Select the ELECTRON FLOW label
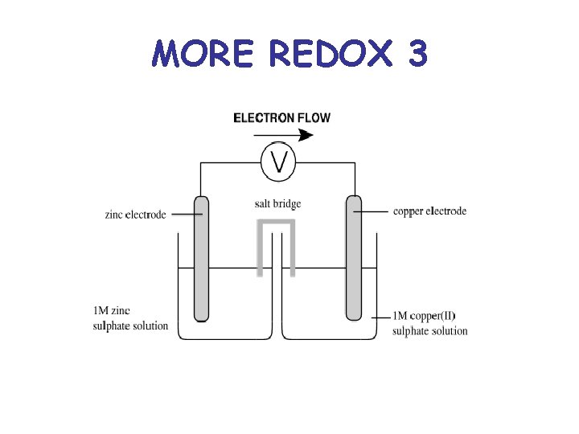(281, 117)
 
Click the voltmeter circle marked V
(279, 162)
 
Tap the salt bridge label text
(277, 204)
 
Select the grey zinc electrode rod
(201, 257)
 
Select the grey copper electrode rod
(354, 257)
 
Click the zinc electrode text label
(135, 215)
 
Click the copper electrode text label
(429, 211)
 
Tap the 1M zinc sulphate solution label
(131, 318)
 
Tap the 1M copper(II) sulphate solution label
(430, 323)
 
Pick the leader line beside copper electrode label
(372, 211)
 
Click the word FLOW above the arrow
(313, 117)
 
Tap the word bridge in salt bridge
(286, 204)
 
